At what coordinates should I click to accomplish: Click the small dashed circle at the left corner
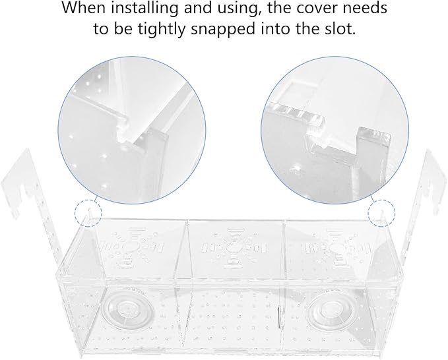tap(88, 213)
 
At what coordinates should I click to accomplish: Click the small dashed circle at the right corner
tap(381, 213)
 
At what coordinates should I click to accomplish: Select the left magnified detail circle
tap(132, 130)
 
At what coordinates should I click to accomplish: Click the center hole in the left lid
tap(131, 247)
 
